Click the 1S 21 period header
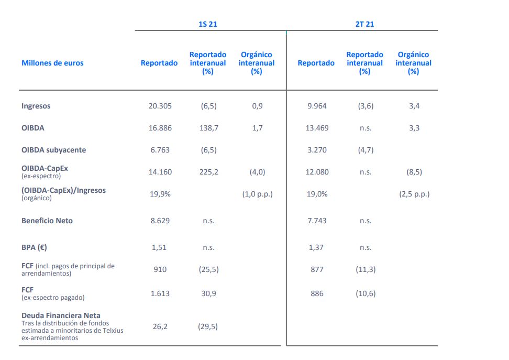[x=207, y=24]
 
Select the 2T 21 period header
[x=364, y=24]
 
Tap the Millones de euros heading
[x=52, y=63]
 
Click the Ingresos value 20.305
[x=160, y=106]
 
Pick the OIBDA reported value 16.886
[x=160, y=128]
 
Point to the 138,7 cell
[x=208, y=128]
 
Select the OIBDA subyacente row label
[x=53, y=150]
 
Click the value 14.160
[x=160, y=172]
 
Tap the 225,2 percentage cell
[x=208, y=172]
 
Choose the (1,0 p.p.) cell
[x=257, y=194]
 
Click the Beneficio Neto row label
[x=47, y=221]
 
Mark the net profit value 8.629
[x=160, y=221]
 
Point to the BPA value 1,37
[x=316, y=247]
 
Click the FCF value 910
[x=160, y=269]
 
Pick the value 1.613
[x=160, y=293]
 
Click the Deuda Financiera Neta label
[x=61, y=315]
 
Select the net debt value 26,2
[x=160, y=326]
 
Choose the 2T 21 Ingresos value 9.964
[x=316, y=106]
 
